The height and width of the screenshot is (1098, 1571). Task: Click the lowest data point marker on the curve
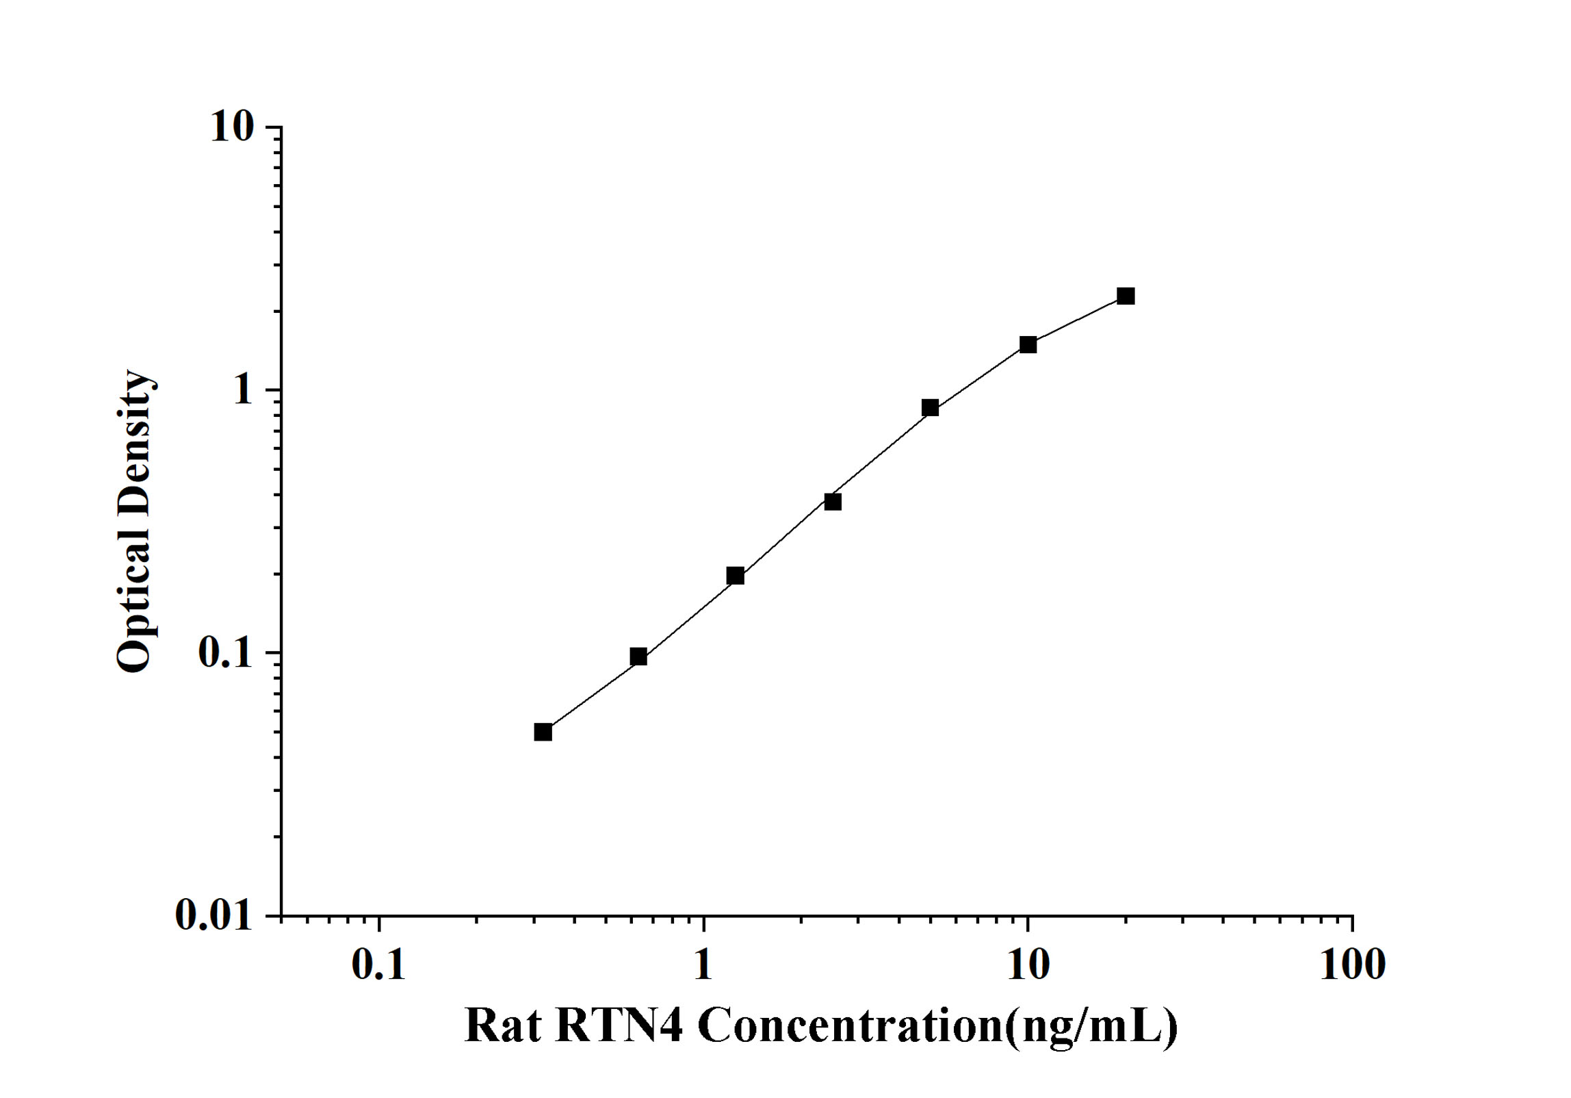[x=543, y=732]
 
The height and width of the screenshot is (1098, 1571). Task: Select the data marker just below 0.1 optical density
[x=638, y=657]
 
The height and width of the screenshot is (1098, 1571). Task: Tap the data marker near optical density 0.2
[x=736, y=576]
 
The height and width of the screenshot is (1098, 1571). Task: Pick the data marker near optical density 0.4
[x=833, y=502]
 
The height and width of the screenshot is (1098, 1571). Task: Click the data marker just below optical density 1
[x=930, y=408]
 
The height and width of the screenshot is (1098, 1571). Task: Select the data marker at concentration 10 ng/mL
[x=1028, y=344]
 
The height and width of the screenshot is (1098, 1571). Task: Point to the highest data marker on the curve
[x=1126, y=296]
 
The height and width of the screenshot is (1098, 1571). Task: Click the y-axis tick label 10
[x=231, y=127]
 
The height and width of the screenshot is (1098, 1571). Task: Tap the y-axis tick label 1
[x=242, y=390]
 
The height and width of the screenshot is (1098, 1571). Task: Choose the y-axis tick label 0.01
[x=213, y=915]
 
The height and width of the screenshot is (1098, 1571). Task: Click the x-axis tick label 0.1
[x=378, y=965]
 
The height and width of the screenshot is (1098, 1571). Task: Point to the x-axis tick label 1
[x=703, y=965]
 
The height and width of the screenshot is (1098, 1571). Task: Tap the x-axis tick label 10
[x=1028, y=965]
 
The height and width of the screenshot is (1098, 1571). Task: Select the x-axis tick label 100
[x=1352, y=965]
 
